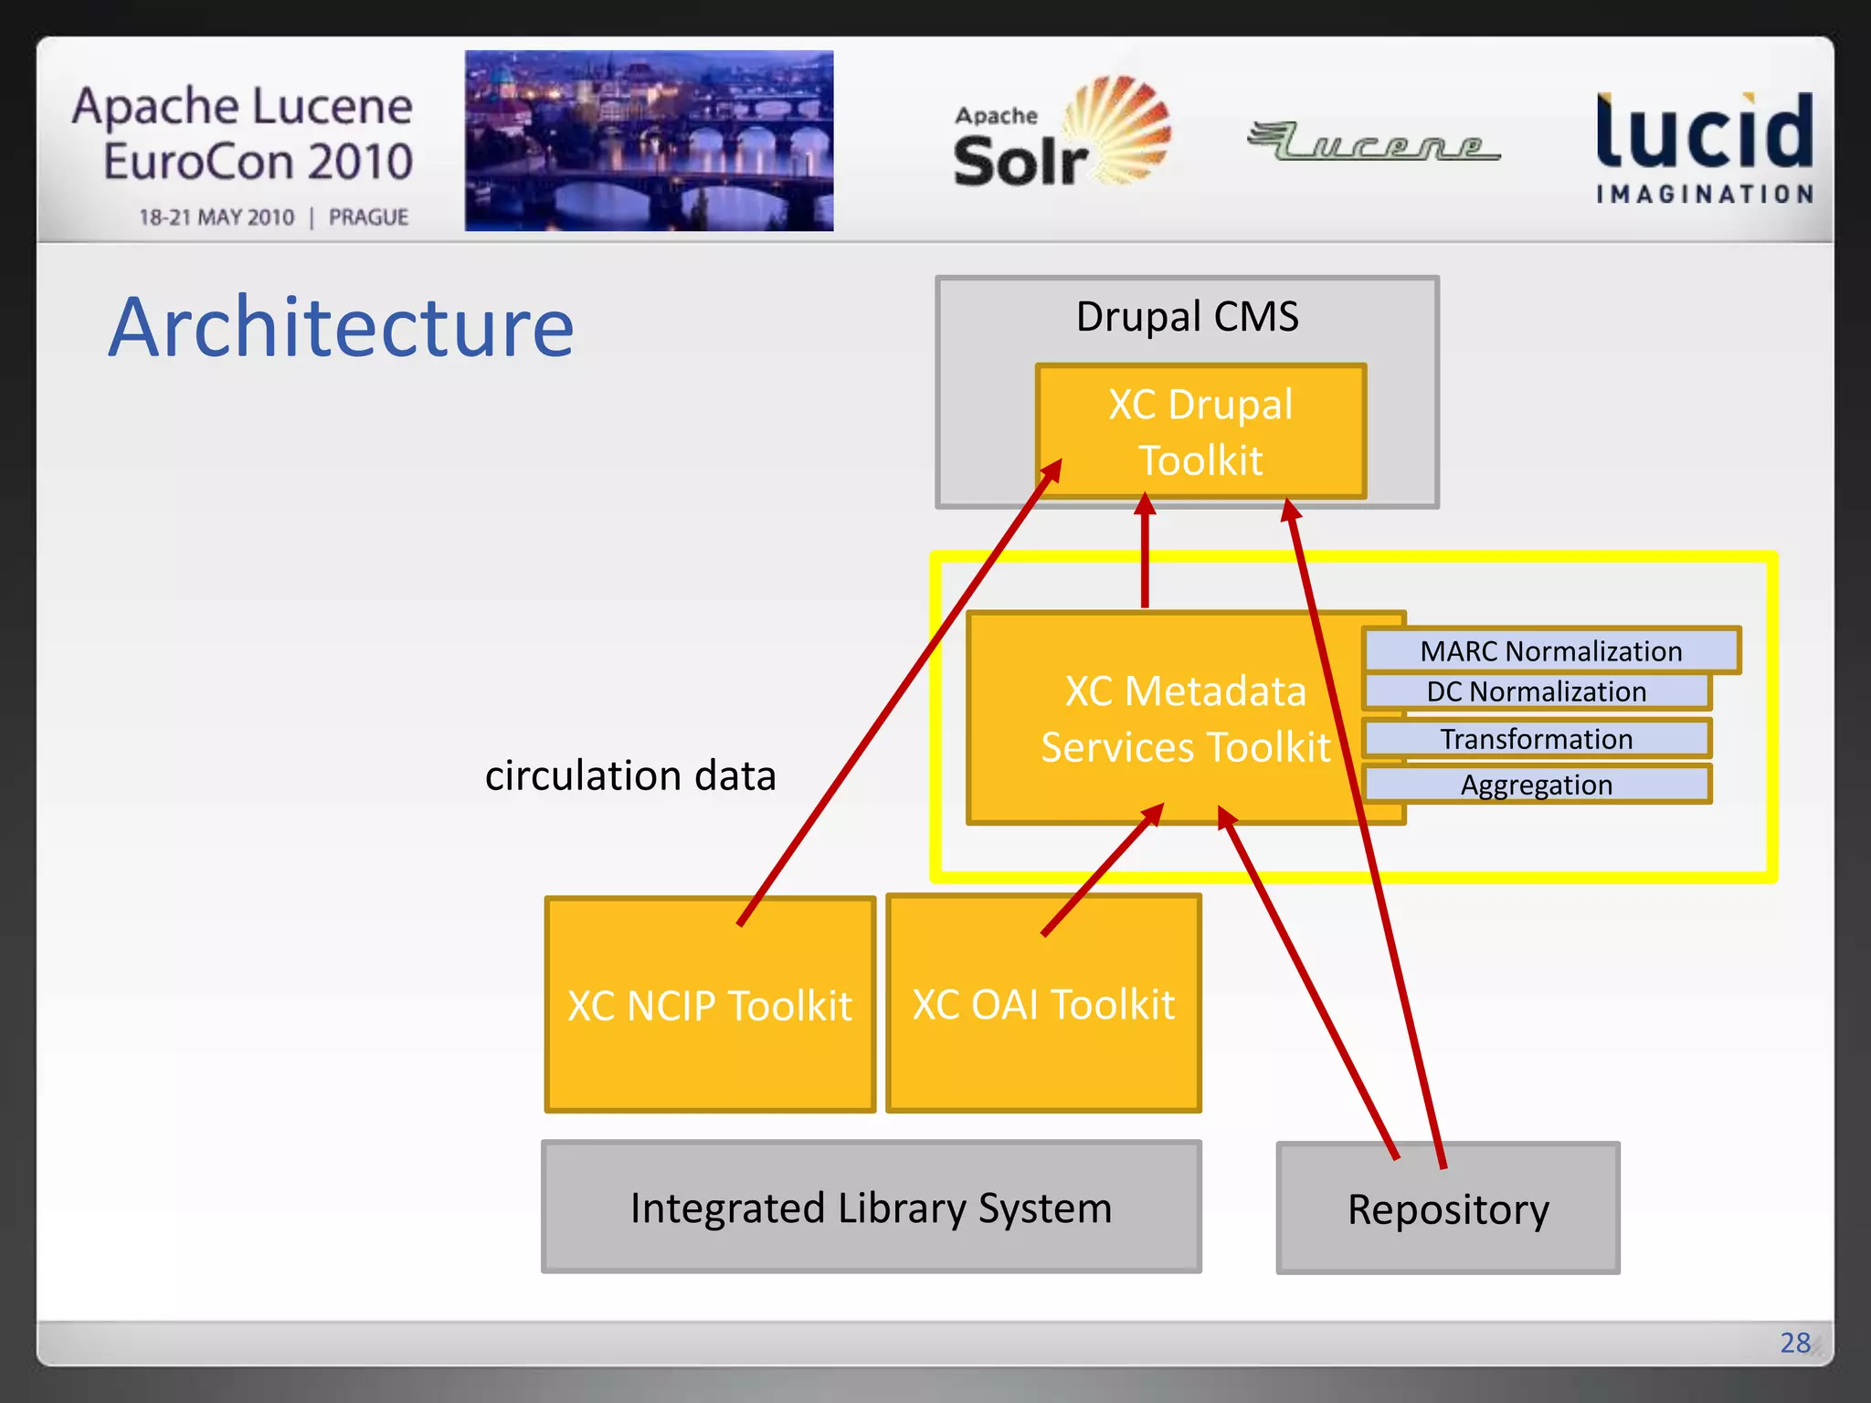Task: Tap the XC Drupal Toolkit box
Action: tap(1200, 431)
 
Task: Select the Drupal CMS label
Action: tap(1187, 317)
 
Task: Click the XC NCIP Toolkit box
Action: tap(710, 1006)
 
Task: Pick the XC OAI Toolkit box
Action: tap(1043, 1005)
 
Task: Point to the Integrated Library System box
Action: tap(871, 1208)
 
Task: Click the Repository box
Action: tap(1448, 1209)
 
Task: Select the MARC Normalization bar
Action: tap(1550, 650)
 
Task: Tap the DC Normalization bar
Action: tap(1537, 691)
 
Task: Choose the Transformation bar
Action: tap(1537, 738)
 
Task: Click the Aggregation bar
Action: tap(1537, 785)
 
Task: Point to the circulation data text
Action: tap(630, 775)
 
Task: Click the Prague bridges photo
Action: tap(649, 141)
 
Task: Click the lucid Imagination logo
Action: tap(1705, 146)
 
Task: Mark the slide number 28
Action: tap(1794, 1342)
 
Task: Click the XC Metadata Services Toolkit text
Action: tap(1185, 719)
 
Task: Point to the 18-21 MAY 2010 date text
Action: tap(217, 217)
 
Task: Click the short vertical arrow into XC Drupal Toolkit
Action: tap(1145, 553)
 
